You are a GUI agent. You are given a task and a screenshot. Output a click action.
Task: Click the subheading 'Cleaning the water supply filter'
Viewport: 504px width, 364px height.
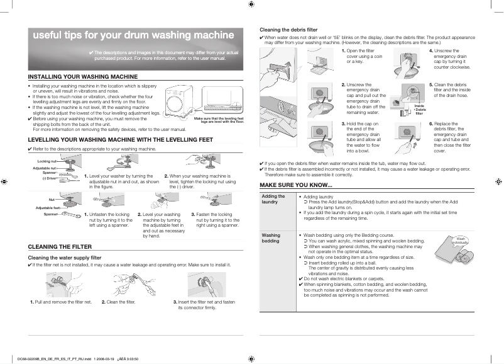65,258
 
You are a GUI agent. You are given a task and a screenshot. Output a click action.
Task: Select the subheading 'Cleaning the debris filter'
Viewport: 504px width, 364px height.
288,30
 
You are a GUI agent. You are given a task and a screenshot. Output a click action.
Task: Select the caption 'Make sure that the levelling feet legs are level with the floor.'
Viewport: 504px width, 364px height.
219,120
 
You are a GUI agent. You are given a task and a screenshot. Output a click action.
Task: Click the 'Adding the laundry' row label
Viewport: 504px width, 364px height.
273,199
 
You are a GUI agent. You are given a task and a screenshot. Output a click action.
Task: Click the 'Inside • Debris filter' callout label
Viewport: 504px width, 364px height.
419,108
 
